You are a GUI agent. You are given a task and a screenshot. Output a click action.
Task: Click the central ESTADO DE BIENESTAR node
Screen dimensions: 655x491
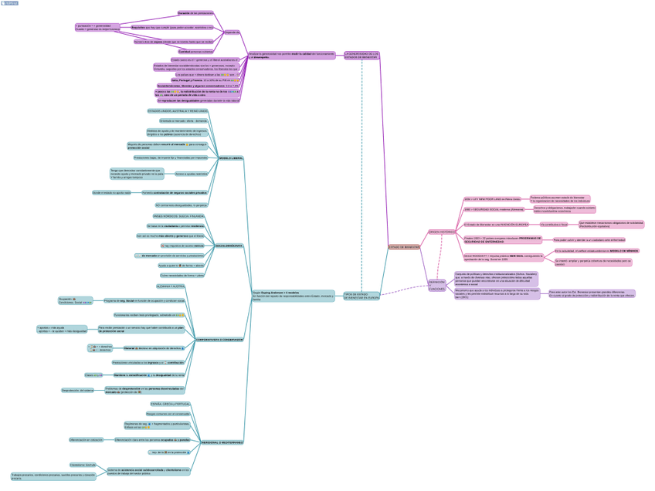tap(405, 247)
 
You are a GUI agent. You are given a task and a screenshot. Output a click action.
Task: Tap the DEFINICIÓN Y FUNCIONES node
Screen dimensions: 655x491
tap(436, 285)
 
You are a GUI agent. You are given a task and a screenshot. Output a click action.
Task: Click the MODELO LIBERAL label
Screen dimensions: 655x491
tap(231, 158)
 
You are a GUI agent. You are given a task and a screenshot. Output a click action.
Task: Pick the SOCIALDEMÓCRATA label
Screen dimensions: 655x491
tap(229, 245)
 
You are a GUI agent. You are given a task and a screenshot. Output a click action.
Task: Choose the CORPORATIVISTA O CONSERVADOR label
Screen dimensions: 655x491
tap(219, 339)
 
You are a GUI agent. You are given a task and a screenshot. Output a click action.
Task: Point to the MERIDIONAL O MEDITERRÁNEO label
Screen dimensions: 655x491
tap(222, 442)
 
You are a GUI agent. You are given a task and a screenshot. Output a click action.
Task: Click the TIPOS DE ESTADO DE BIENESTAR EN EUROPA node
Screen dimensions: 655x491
tap(361, 295)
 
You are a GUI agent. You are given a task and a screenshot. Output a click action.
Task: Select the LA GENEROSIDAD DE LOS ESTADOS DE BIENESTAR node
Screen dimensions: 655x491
tap(361, 55)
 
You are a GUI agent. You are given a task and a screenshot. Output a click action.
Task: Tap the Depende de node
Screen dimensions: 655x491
tap(232, 32)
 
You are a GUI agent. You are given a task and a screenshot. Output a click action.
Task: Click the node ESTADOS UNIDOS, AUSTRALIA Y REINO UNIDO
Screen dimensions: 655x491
tap(177, 111)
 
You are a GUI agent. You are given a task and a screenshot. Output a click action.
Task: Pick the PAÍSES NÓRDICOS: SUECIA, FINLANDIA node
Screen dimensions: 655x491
tap(178, 216)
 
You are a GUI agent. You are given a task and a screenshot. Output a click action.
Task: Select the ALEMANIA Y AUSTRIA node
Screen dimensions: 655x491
tap(171, 286)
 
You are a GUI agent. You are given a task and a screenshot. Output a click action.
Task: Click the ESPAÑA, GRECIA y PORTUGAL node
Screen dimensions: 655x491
tap(171, 404)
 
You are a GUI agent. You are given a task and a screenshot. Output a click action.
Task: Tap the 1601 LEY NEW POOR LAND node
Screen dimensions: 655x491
tap(492, 198)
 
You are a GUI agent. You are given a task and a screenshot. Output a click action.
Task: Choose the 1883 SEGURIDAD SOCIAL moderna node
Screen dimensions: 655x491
tap(494, 209)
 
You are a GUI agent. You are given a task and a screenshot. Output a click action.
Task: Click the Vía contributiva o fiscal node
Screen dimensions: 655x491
tap(554, 224)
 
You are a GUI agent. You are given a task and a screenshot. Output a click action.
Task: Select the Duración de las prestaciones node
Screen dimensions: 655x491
tap(195, 13)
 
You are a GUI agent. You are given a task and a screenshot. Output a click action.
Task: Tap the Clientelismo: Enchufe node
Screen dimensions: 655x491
tap(83, 465)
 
